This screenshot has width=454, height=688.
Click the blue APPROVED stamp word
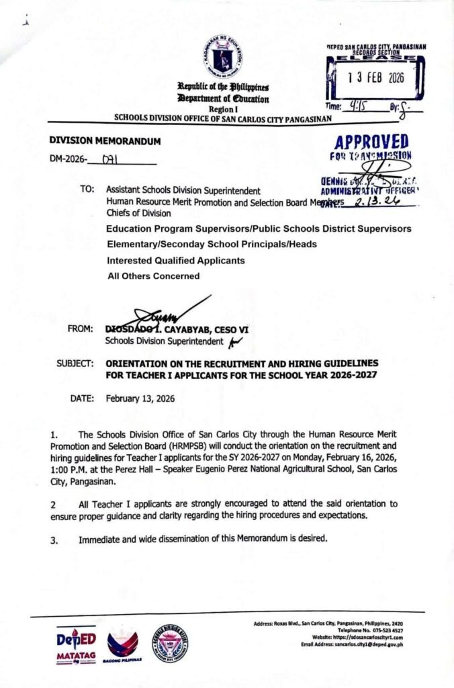(x=371, y=142)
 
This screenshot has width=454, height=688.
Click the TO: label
(x=87, y=190)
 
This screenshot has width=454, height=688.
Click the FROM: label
(x=81, y=329)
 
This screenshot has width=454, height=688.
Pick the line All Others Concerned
(x=153, y=275)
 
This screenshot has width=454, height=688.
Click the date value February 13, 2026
(x=140, y=398)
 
